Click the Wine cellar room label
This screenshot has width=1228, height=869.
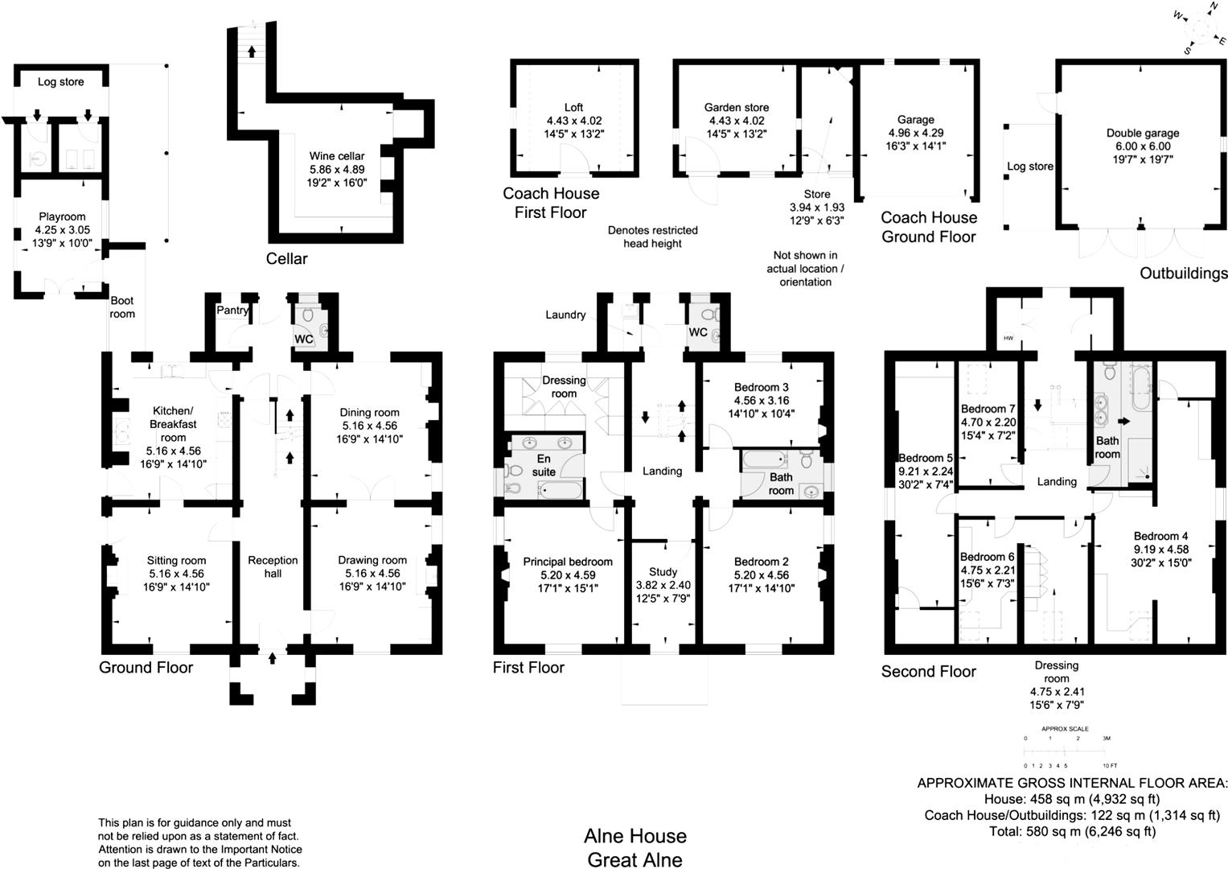pyautogui.click(x=337, y=156)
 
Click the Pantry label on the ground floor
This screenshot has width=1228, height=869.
pyautogui.click(x=232, y=310)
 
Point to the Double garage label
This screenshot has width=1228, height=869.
pyautogui.click(x=1143, y=134)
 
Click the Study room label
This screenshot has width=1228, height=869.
pyautogui.click(x=663, y=572)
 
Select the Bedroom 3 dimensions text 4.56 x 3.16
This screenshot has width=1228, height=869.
pyautogui.click(x=761, y=401)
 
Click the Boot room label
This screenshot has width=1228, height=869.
pyautogui.click(x=122, y=307)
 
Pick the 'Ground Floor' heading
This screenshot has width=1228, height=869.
pyautogui.click(x=146, y=668)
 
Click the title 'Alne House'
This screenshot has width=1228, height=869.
pyautogui.click(x=635, y=836)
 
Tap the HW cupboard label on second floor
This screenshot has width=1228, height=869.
pyautogui.click(x=1008, y=339)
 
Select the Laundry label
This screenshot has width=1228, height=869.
pyautogui.click(x=565, y=315)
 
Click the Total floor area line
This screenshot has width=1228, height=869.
pyautogui.click(x=1072, y=832)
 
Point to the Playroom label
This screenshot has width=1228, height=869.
pyautogui.click(x=62, y=216)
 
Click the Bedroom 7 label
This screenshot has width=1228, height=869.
pyautogui.click(x=988, y=409)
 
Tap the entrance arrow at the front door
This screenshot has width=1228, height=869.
pyautogui.click(x=272, y=657)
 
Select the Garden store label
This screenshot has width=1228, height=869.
pyautogui.click(x=736, y=107)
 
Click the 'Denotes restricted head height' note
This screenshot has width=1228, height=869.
pyautogui.click(x=652, y=237)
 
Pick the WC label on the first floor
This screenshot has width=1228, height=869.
pyautogui.click(x=697, y=332)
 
